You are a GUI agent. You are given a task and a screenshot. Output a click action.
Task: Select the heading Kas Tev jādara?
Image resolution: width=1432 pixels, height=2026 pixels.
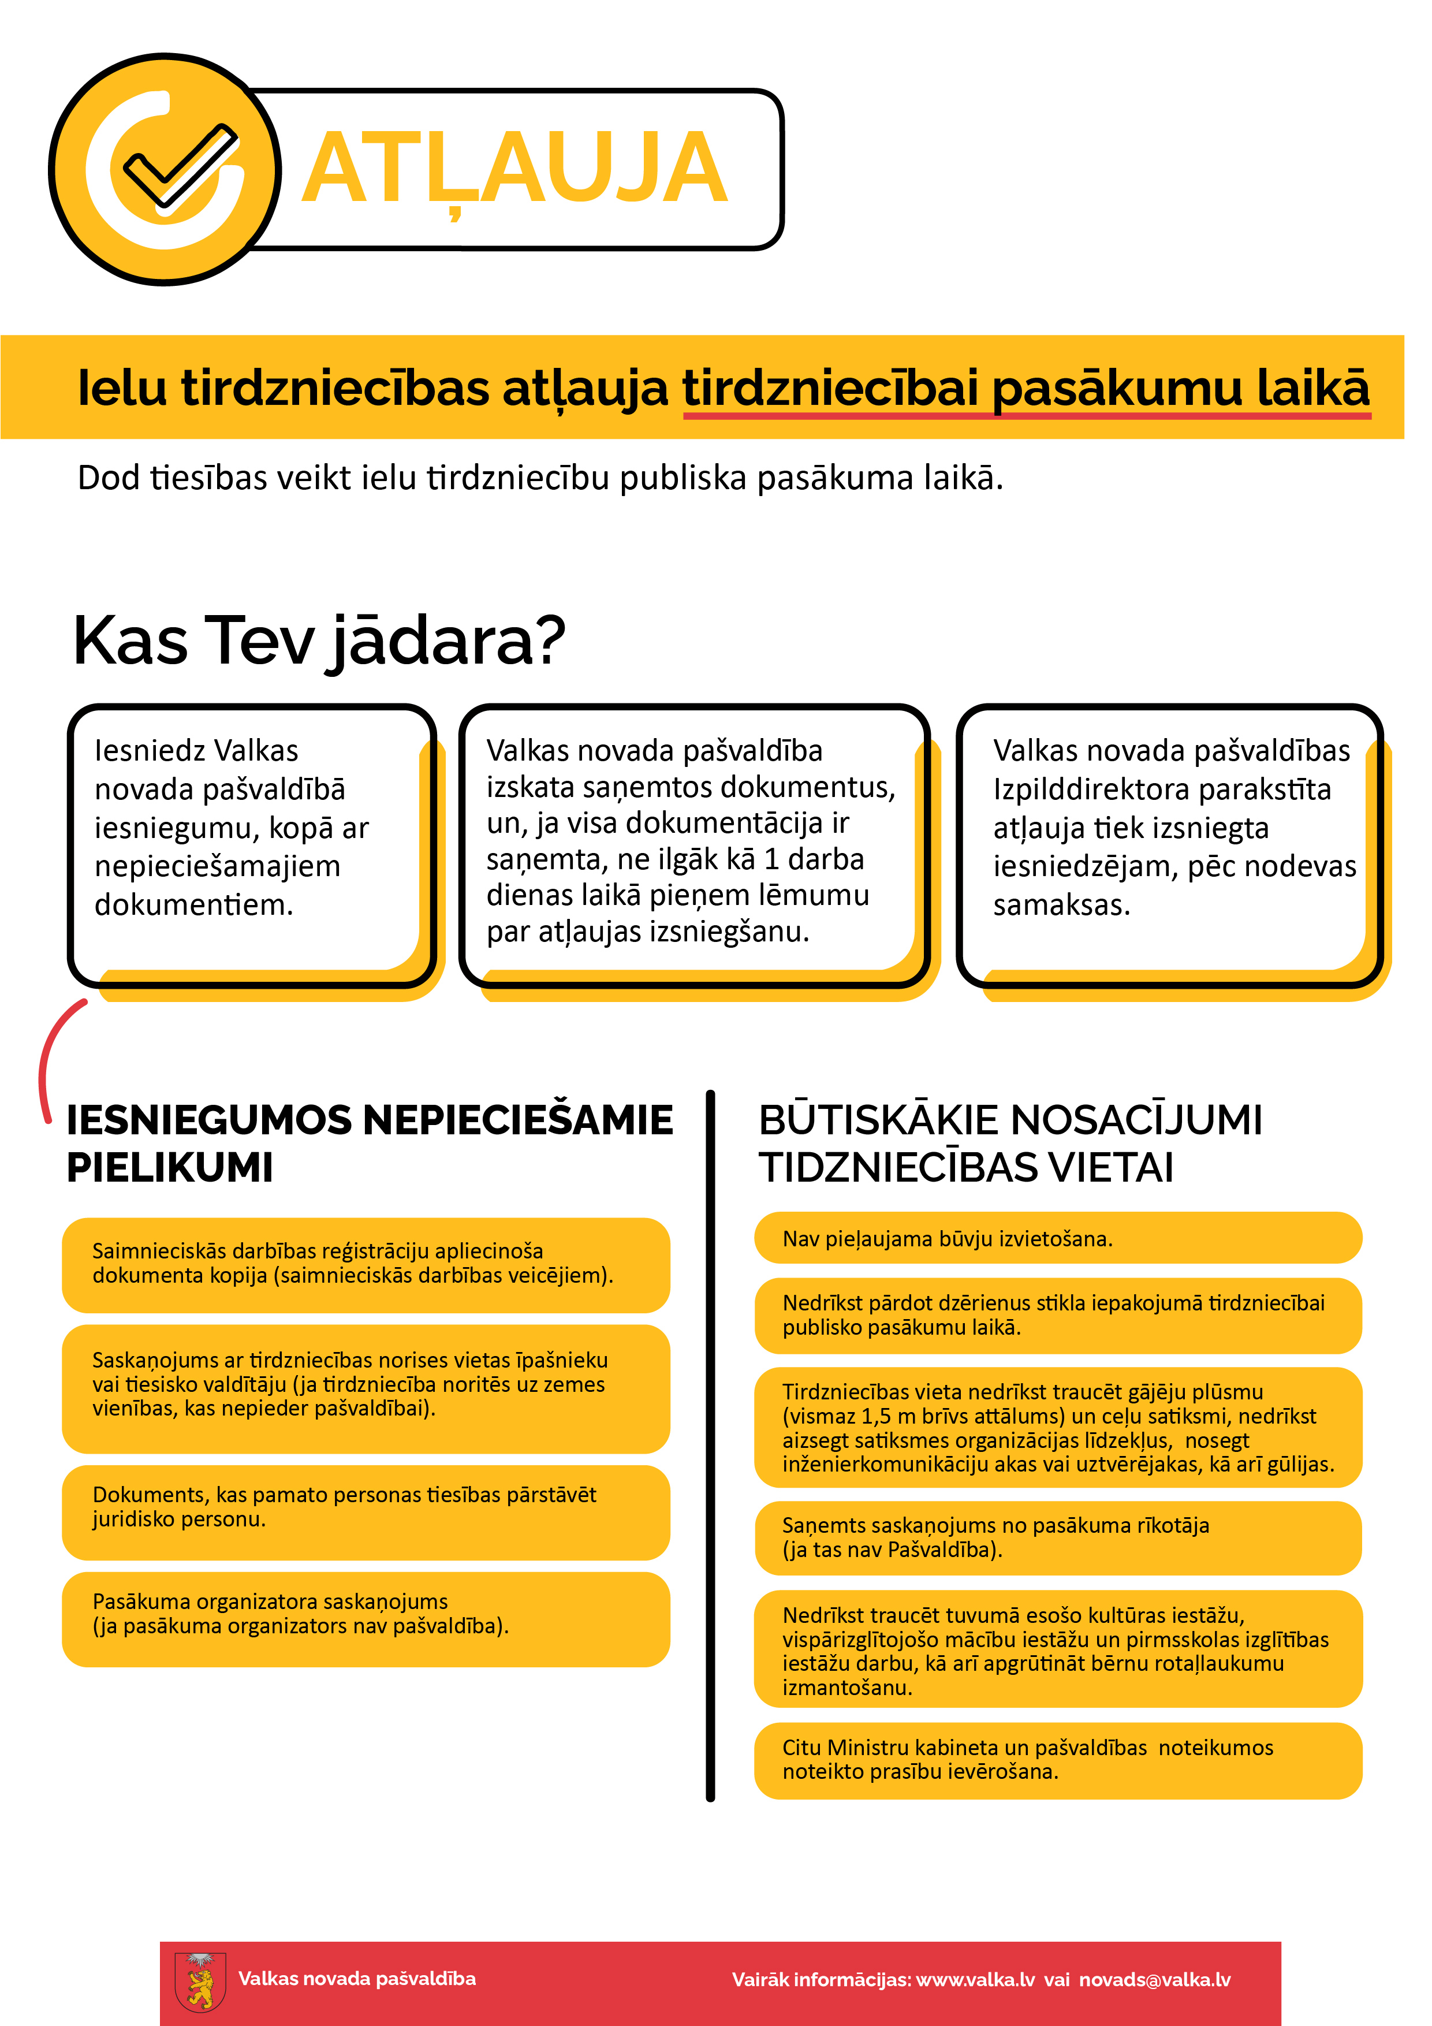tap(319, 640)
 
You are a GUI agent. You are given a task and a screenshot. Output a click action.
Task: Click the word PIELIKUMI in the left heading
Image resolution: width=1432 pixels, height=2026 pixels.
tap(169, 1167)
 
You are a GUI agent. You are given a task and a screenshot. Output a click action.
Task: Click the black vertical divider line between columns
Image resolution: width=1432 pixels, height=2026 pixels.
tap(710, 1447)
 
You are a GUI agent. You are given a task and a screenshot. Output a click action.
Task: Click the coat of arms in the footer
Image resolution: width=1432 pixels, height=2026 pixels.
tap(200, 1980)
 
